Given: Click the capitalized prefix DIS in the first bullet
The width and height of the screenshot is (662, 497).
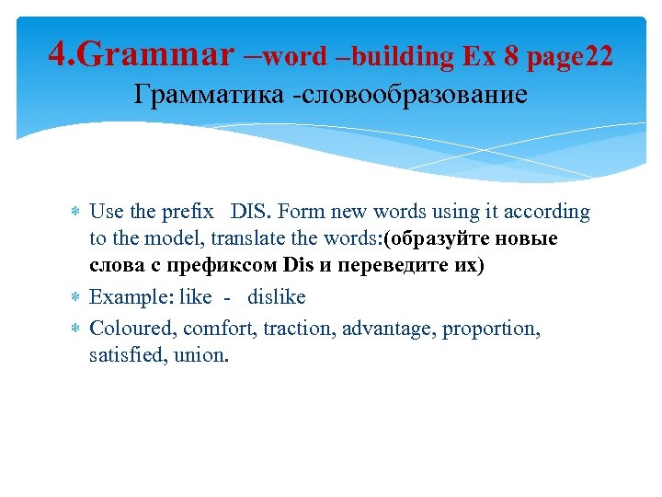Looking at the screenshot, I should pyautogui.click(x=249, y=212).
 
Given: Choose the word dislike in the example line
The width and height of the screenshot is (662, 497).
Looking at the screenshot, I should pyautogui.click(x=276, y=297).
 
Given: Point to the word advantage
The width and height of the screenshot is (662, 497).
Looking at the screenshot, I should pyautogui.click(x=387, y=327).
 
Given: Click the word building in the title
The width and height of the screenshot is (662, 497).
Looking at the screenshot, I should pyautogui.click(x=402, y=57).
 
